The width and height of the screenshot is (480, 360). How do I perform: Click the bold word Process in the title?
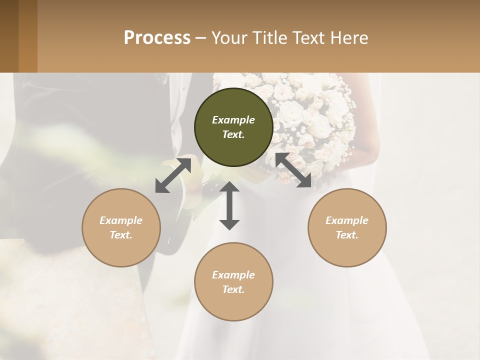[157, 38]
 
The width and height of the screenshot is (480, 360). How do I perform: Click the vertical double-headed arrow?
[229, 205]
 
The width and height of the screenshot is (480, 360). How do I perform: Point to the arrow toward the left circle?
[173, 175]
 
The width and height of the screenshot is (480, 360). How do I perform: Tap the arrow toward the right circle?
[293, 170]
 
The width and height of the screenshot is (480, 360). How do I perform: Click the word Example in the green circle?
[233, 120]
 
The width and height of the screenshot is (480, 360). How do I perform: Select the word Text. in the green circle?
[233, 134]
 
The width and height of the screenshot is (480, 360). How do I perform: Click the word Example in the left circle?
[121, 220]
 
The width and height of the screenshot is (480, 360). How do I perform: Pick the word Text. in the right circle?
[347, 235]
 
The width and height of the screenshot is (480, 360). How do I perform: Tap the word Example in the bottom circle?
[233, 275]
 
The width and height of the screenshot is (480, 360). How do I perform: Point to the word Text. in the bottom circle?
[233, 289]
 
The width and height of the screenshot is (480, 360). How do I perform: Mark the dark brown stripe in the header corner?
[9, 36]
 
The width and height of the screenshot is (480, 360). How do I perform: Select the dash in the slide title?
[200, 38]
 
